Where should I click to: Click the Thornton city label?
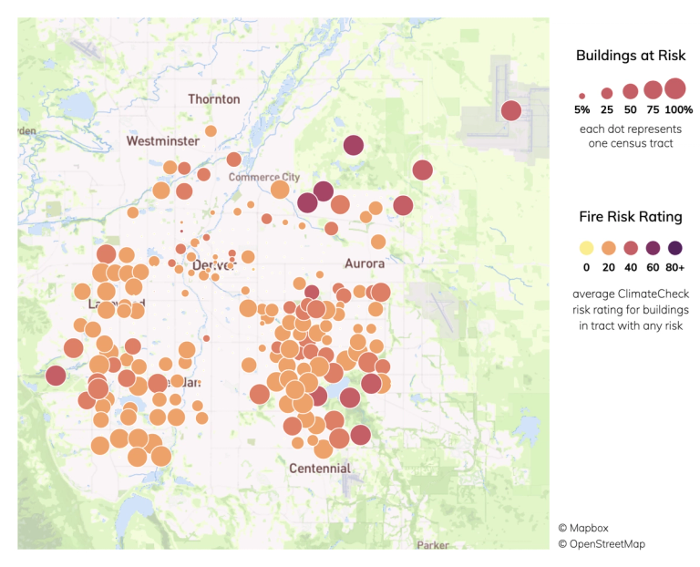(214, 98)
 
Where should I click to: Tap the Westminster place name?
(163, 141)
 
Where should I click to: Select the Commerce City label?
(263, 177)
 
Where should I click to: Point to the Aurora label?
(365, 263)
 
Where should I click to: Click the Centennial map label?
(319, 469)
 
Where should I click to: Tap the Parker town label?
(433, 545)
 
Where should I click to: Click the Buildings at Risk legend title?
(631, 57)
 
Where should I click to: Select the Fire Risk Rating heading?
(631, 217)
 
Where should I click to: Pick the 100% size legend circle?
(674, 88)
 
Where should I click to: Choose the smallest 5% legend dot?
(582, 95)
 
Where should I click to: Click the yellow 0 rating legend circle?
(586, 248)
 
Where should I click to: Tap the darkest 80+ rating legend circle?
(674, 248)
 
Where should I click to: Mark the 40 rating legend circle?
(631, 248)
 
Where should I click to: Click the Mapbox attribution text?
(589, 527)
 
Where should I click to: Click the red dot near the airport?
(511, 111)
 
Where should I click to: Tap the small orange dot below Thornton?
(211, 131)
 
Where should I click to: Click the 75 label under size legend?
(653, 109)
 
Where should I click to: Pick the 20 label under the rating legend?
(608, 269)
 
